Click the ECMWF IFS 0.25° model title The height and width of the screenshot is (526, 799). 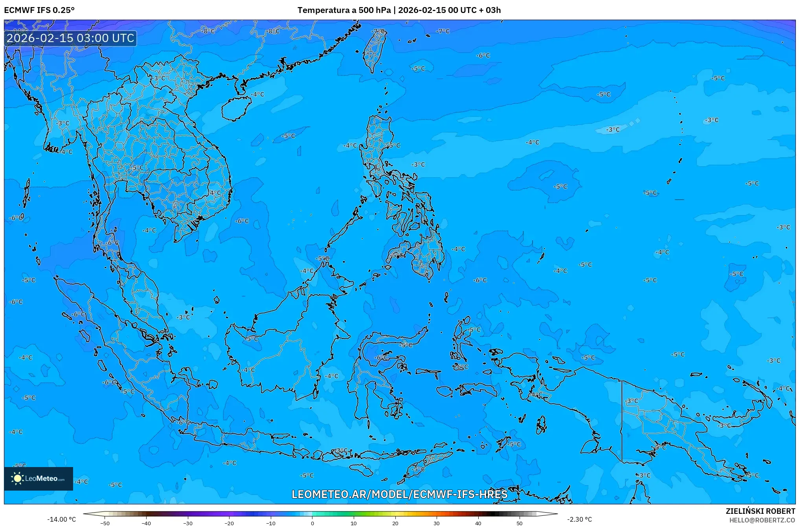click(x=39, y=10)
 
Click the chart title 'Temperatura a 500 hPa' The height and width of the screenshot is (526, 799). click(x=344, y=10)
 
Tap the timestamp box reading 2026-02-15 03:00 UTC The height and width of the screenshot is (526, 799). click(x=70, y=38)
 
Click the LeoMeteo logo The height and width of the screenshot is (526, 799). click(x=39, y=478)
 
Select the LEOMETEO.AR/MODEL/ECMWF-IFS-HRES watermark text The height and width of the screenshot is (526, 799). click(x=399, y=494)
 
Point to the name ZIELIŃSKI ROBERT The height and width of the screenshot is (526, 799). click(x=760, y=511)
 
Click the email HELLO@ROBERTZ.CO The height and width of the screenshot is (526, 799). click(x=762, y=520)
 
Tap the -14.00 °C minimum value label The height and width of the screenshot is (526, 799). click(x=61, y=519)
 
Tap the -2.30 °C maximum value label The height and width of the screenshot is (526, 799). click(x=579, y=519)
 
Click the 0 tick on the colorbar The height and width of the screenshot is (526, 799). click(x=312, y=523)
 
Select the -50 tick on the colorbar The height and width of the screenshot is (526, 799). click(x=105, y=523)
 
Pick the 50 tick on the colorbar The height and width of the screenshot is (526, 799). click(x=520, y=523)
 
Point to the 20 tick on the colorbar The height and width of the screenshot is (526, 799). click(x=395, y=523)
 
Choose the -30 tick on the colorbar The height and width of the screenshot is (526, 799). click(x=188, y=523)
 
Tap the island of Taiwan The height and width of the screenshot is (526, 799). click(x=373, y=51)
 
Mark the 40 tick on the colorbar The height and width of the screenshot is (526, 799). click(x=478, y=523)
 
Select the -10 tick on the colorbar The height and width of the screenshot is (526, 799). click(x=271, y=523)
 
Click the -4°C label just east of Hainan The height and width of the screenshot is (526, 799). click(x=258, y=94)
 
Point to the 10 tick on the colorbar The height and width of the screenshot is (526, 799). click(x=354, y=523)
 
